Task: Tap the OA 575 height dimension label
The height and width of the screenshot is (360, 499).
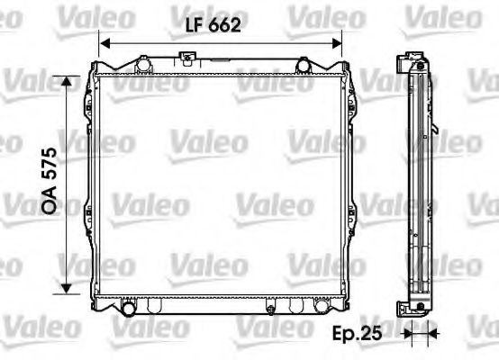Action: coord(50,181)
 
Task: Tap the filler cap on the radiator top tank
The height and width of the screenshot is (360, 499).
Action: coord(188,60)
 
